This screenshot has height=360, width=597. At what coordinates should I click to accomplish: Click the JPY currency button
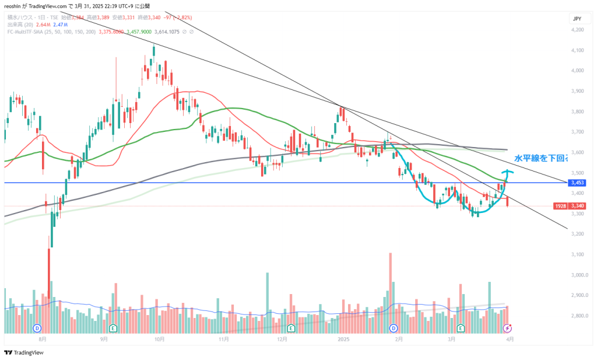(x=577, y=19)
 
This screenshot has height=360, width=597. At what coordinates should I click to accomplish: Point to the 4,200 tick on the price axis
(x=577, y=30)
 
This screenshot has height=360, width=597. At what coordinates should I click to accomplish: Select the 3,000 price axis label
(x=577, y=275)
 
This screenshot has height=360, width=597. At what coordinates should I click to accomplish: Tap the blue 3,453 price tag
(x=577, y=183)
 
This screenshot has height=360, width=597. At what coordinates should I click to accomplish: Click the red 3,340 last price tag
(x=577, y=205)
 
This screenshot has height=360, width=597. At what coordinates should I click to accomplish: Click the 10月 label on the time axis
(x=159, y=338)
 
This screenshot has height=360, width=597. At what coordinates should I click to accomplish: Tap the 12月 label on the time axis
(x=283, y=338)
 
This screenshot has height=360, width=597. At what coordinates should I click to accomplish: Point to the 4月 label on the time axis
(x=510, y=338)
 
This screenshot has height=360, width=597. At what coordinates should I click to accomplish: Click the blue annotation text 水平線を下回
(x=540, y=158)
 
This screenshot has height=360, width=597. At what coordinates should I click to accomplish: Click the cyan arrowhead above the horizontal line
(x=507, y=172)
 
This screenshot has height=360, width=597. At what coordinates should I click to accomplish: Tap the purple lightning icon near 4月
(x=507, y=328)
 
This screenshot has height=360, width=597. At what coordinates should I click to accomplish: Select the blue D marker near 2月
(x=394, y=328)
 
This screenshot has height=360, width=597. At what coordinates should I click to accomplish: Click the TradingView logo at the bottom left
(x=24, y=352)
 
